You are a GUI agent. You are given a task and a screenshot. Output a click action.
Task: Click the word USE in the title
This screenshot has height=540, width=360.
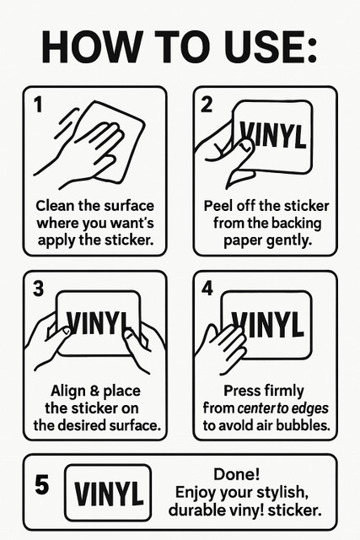[x=266, y=47]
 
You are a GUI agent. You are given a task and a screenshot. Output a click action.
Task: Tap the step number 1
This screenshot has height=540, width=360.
[x=39, y=105]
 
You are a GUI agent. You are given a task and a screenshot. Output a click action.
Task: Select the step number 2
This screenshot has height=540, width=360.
[x=207, y=105]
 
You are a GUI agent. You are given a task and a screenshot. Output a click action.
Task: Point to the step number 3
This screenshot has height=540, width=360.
[x=39, y=289]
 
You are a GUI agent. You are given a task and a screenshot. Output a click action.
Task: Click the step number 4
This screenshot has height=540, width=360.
[x=207, y=289]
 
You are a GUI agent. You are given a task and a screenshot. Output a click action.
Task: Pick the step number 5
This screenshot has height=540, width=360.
[x=42, y=484]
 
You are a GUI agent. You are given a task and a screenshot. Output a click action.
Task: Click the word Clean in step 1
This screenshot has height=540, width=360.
[x=55, y=206]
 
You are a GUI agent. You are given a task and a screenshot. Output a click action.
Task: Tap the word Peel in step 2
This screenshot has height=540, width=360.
[x=217, y=206]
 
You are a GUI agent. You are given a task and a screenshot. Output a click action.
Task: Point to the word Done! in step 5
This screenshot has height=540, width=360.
[x=236, y=474]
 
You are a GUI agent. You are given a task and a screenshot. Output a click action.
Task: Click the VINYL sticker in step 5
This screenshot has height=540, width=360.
[x=108, y=493]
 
